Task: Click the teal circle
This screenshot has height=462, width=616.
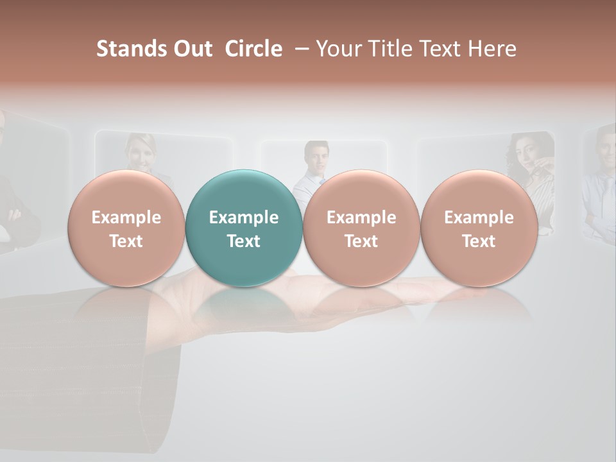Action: point(243,228)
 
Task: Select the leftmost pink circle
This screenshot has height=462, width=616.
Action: point(126,228)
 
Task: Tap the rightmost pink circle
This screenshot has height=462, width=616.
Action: point(479,228)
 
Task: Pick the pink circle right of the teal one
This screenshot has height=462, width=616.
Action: point(361,228)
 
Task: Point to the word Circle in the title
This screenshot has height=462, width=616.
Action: point(253,49)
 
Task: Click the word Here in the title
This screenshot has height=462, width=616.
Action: point(493,49)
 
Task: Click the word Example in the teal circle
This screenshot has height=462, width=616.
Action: point(243,218)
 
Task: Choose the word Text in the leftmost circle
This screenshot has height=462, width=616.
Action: point(126,241)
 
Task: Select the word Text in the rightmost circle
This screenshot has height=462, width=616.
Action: point(479,241)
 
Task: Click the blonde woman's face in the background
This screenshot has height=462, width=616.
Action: point(141,151)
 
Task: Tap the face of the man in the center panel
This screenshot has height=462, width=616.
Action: point(316,157)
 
